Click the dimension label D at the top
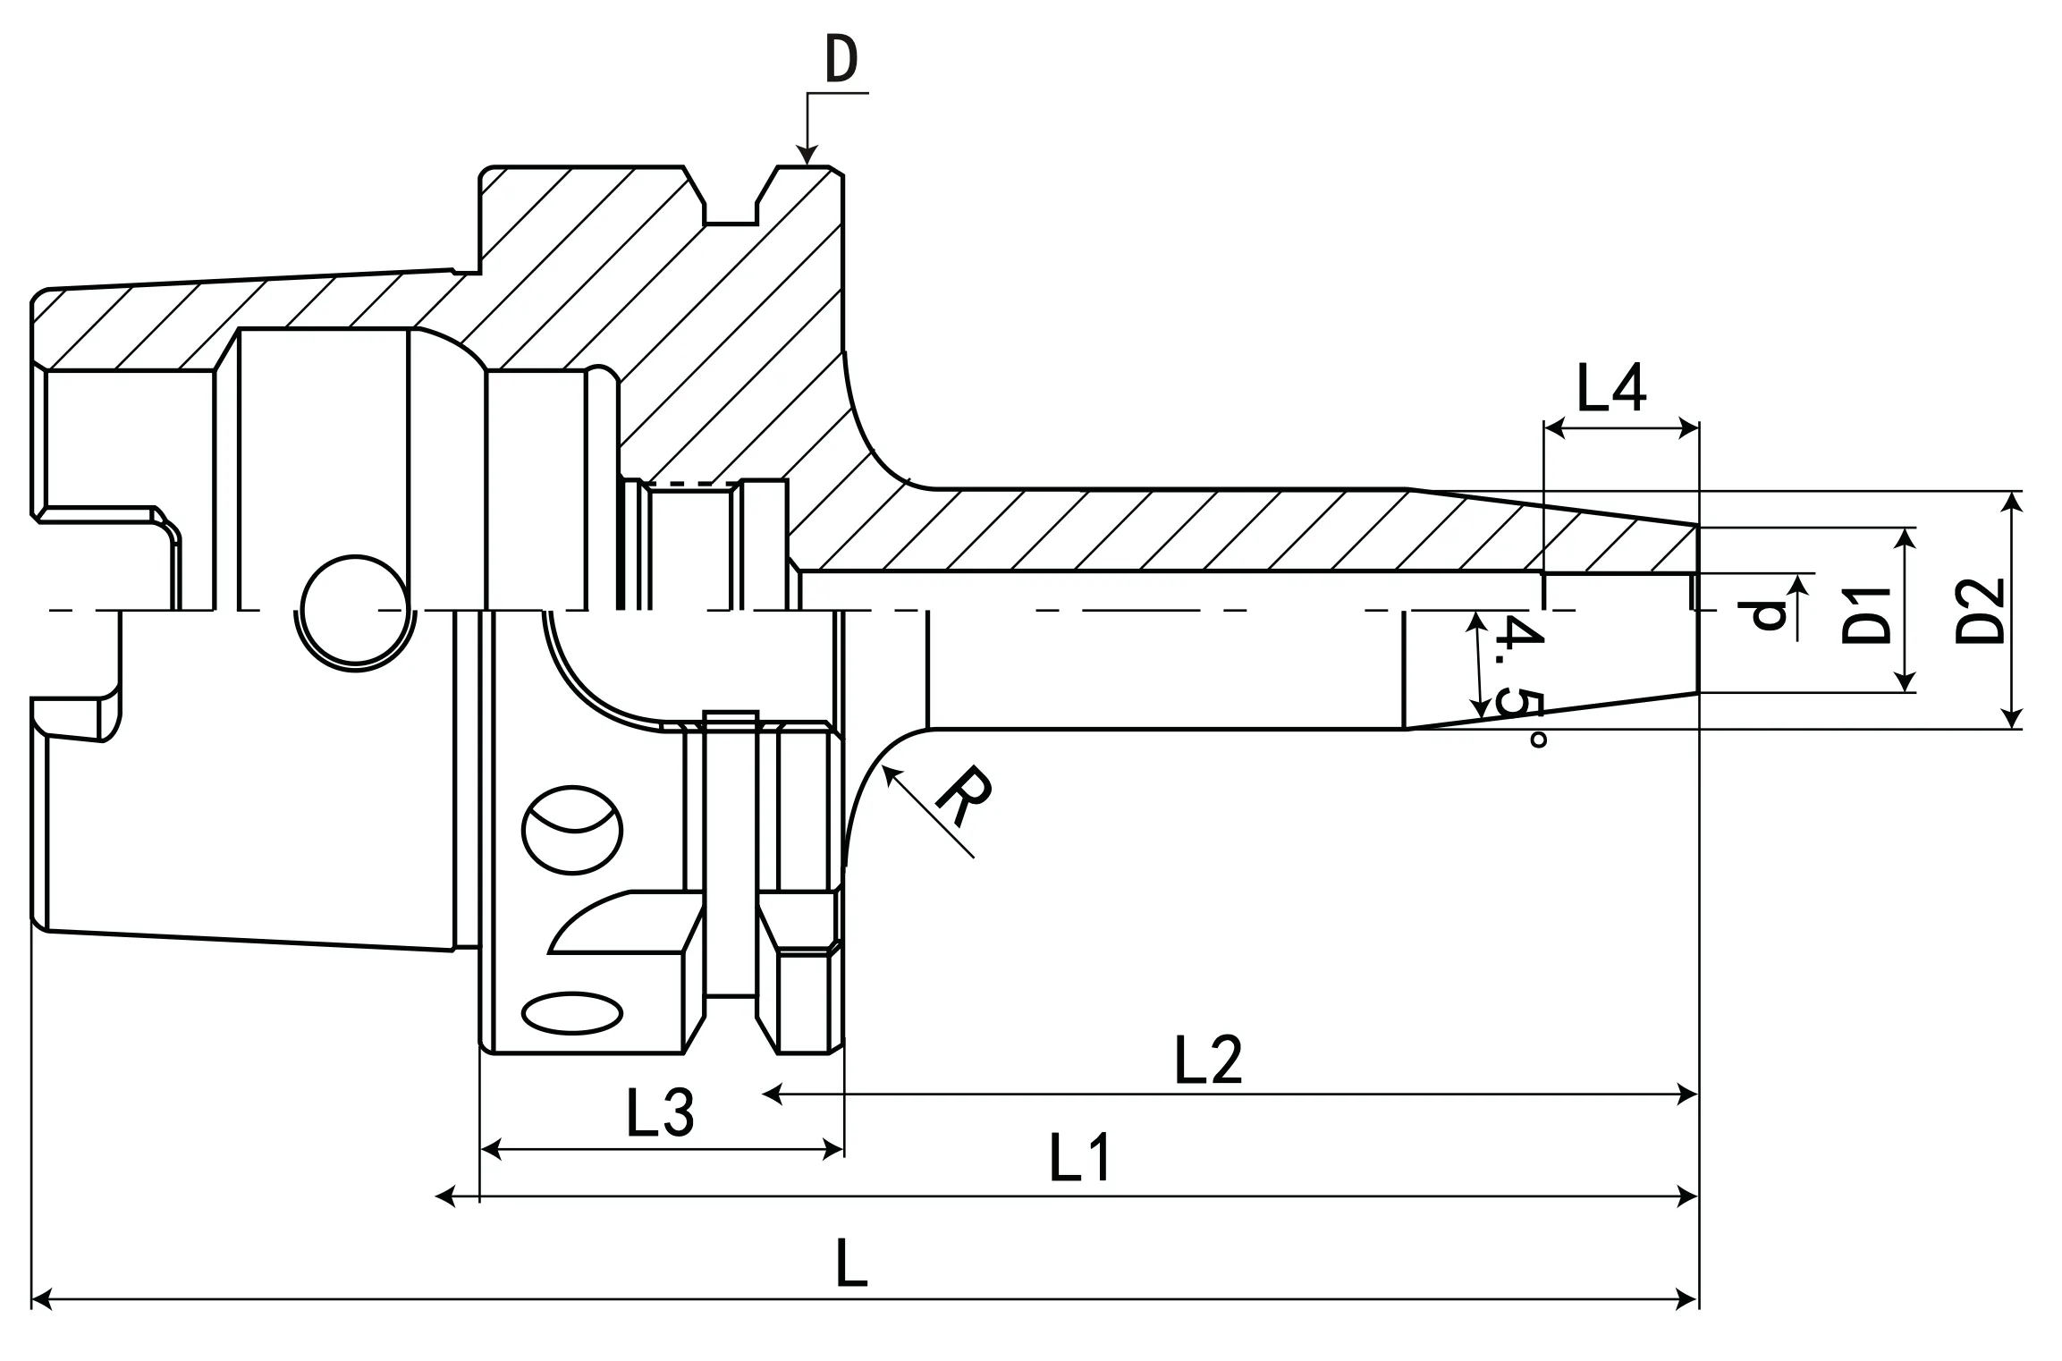841,61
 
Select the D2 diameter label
1980,611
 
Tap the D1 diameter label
1867,615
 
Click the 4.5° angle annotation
1522,680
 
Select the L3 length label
660,1114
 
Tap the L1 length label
1080,1157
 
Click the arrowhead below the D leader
807,156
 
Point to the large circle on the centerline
356,613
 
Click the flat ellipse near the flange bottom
572,1013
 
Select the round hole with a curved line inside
572,829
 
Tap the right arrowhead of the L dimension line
1688,1300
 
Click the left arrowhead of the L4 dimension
1554,429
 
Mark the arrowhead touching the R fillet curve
889,773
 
